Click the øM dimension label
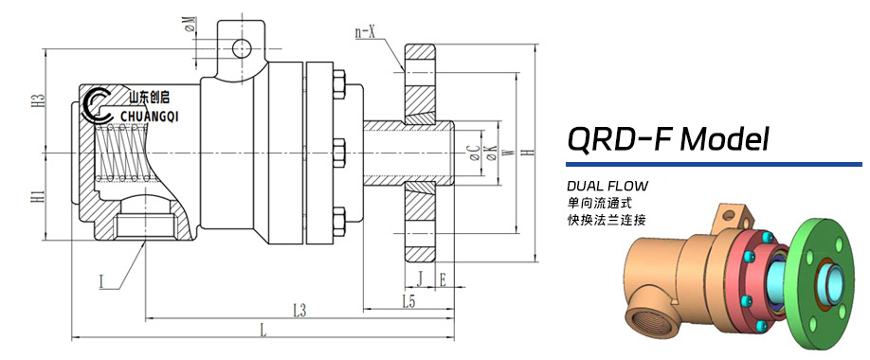[190, 25]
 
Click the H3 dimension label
[38, 100]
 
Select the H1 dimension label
[38, 196]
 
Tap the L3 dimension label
[299, 311]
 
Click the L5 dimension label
[408, 301]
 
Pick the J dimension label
[420, 279]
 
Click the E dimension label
[443, 279]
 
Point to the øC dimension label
[475, 153]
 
